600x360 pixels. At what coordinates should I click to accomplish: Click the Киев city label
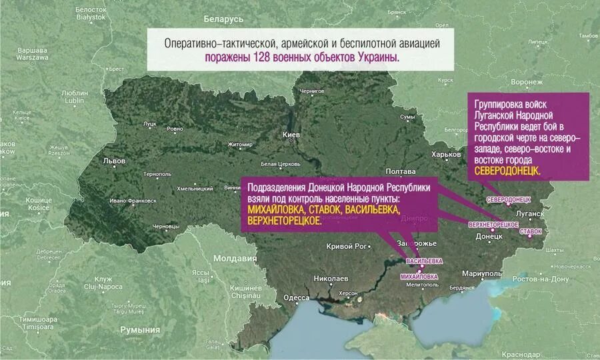pyautogui.click(x=292, y=135)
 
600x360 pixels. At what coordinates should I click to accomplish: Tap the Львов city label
pyautogui.click(x=114, y=161)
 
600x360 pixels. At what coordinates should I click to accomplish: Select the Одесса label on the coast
pyautogui.click(x=296, y=298)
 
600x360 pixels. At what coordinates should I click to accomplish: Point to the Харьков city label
pyautogui.click(x=447, y=155)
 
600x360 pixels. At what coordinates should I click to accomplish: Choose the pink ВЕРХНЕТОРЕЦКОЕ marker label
pyautogui.click(x=493, y=224)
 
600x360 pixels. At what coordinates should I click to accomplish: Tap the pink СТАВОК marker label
pyautogui.click(x=531, y=231)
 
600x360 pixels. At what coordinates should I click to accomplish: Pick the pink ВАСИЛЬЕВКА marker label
pyautogui.click(x=424, y=261)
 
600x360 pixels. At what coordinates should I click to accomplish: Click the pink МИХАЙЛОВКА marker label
pyautogui.click(x=419, y=276)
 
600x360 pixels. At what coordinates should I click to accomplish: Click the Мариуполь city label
pyautogui.click(x=481, y=274)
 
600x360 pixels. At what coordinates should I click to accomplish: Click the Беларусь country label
pyautogui.click(x=223, y=19)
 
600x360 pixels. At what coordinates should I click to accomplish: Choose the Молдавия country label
pyautogui.click(x=235, y=258)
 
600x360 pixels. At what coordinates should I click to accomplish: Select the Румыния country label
pyautogui.click(x=140, y=329)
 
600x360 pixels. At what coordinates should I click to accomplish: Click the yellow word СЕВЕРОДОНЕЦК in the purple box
pyautogui.click(x=507, y=171)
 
